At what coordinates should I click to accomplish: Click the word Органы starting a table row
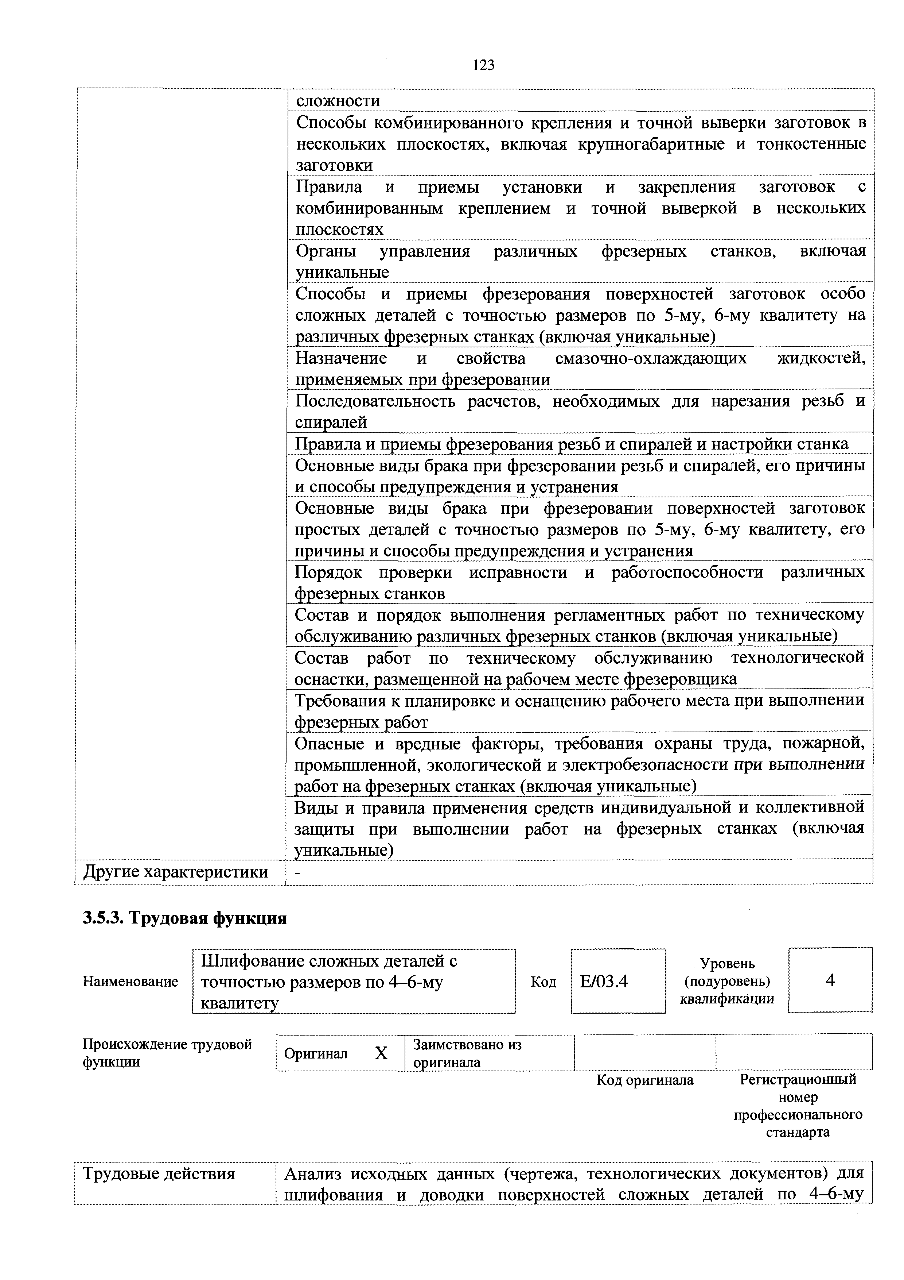[x=326, y=251]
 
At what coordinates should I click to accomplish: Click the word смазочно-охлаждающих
[x=651, y=358]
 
